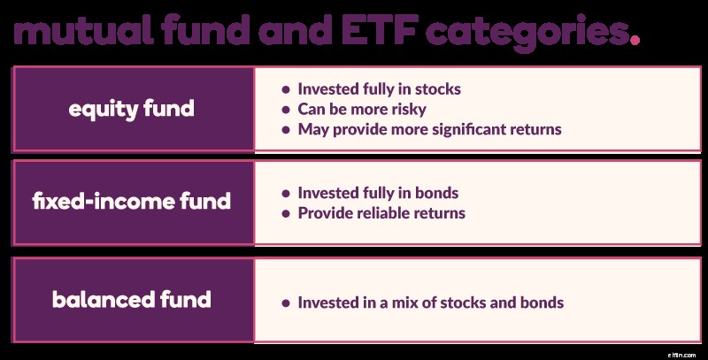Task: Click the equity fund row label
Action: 132,110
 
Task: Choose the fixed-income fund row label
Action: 132,202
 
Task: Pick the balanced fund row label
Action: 132,299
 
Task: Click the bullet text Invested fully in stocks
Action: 379,89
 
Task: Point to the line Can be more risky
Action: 362,109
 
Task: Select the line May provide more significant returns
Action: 429,129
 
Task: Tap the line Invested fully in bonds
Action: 378,193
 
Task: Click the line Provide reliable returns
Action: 381,212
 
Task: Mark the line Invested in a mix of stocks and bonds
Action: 430,303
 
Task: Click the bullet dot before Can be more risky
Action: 286,110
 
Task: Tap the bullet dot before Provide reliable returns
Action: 286,213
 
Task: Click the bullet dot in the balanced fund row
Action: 286,303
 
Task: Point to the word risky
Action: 408,109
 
